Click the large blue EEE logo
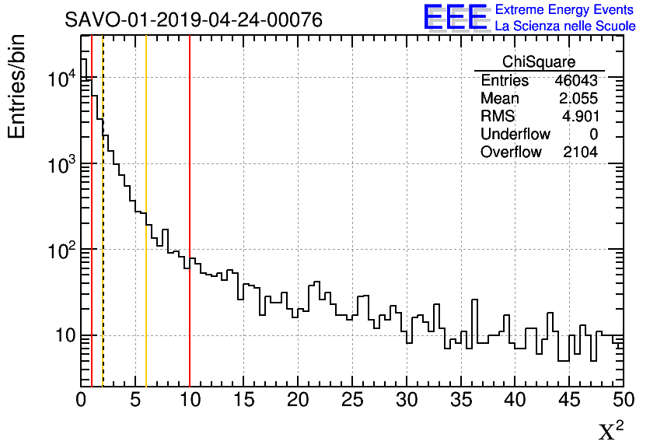pos(456,17)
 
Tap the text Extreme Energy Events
pos(564,9)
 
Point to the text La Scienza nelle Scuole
pos(565,26)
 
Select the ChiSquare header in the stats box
pos(539,62)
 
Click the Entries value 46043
pos(576,81)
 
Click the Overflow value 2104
pos(580,152)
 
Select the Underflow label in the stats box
pos(515,135)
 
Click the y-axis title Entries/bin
pos(17,87)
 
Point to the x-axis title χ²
pos(610,431)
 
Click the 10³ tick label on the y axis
pos(60,165)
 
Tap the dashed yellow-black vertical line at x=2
pos(103,233)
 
